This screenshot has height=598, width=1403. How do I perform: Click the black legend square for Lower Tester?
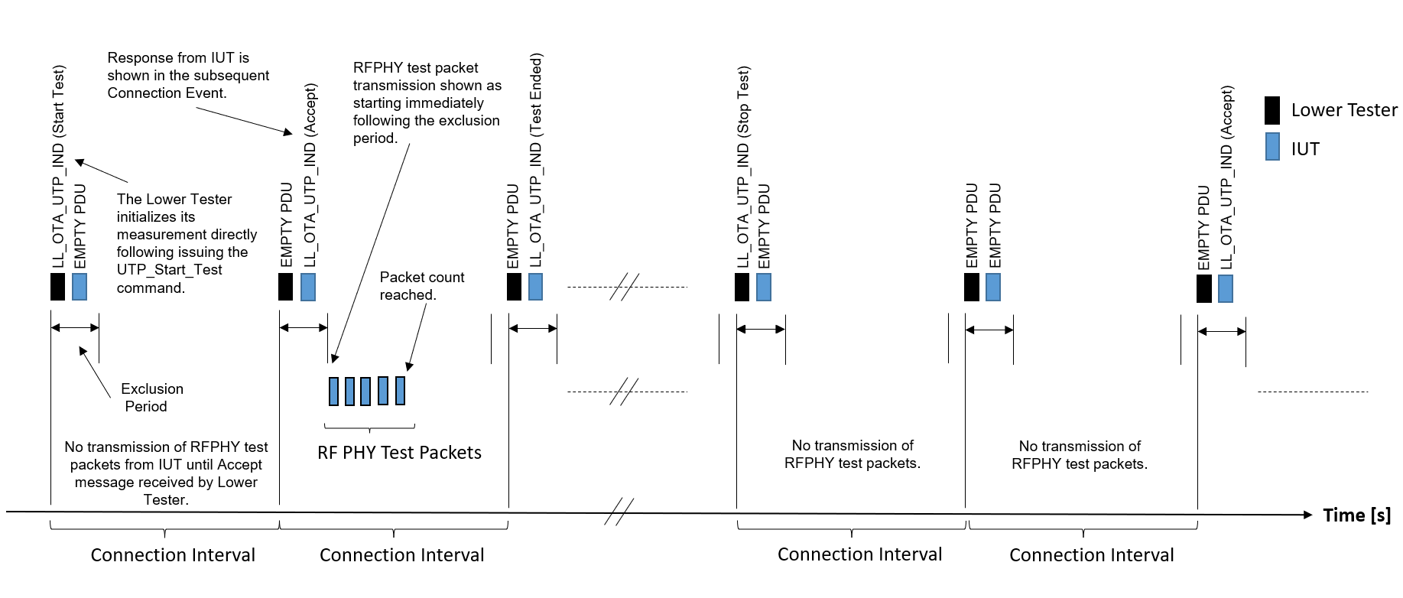click(1272, 111)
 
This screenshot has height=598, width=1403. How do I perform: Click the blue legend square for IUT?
click(1272, 147)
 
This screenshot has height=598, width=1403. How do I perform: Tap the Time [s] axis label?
click(1356, 515)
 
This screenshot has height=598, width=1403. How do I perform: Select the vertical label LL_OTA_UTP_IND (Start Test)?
click(59, 167)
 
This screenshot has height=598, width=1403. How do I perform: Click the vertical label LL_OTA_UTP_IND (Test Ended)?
click(536, 160)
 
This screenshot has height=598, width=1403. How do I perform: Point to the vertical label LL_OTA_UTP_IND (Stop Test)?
click(743, 167)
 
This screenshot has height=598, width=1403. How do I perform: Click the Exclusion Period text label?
click(151, 398)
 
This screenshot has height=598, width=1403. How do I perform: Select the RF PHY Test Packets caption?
click(399, 453)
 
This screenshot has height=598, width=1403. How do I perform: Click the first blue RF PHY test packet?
click(333, 391)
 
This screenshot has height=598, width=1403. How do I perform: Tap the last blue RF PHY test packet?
click(400, 391)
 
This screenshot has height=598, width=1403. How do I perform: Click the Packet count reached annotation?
click(421, 286)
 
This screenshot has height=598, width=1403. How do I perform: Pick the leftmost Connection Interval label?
click(173, 555)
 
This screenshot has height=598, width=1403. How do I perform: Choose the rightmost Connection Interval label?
click(1091, 555)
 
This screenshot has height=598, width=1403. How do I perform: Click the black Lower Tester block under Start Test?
click(57, 287)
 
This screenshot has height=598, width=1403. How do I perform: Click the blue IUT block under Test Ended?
click(535, 287)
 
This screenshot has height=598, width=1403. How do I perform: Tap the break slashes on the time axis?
click(619, 512)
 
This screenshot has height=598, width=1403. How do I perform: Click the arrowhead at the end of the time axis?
click(1307, 515)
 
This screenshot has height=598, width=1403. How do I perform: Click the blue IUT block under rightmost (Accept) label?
click(1226, 288)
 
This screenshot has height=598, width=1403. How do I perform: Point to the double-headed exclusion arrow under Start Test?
click(75, 327)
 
